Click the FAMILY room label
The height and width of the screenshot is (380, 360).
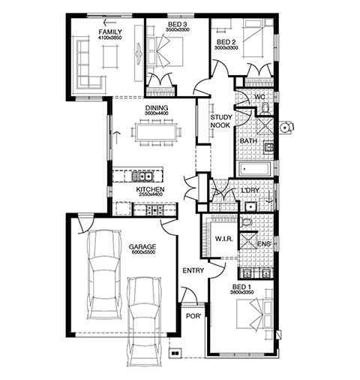[x=110, y=32]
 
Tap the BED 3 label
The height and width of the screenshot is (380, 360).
[x=177, y=24]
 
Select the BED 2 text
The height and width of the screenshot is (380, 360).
[x=226, y=42]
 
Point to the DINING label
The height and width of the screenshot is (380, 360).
[x=157, y=108]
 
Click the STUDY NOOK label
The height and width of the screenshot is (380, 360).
[x=221, y=121]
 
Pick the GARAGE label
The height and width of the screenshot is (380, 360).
[x=142, y=247]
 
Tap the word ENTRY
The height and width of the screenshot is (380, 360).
[x=193, y=270]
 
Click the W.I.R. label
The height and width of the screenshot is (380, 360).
[x=224, y=239]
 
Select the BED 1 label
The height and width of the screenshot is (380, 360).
[x=241, y=287]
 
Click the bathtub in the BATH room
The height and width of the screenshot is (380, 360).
[x=255, y=169]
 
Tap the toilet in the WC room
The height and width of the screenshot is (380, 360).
[x=265, y=109]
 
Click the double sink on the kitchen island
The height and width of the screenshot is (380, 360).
[x=142, y=176]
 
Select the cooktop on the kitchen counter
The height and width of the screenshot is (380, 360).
[x=154, y=210]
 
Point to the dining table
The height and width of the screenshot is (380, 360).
[x=156, y=133]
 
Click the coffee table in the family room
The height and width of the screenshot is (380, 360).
[x=110, y=56]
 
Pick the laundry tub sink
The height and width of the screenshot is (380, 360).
[x=250, y=207]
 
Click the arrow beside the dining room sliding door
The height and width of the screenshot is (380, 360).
[x=117, y=137]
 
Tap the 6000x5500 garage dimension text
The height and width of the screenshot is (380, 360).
[x=142, y=252]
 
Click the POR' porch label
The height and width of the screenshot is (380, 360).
[x=193, y=316]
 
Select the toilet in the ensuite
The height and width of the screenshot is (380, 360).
[x=246, y=222]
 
